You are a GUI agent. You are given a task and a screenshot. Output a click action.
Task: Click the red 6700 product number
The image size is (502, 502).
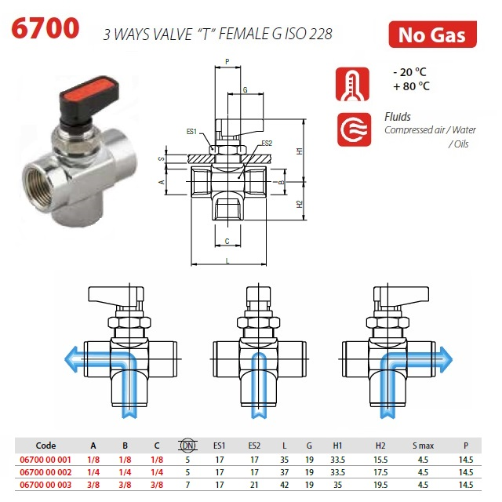(45, 28)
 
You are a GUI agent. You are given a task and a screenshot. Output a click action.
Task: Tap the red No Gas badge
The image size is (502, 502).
(432, 35)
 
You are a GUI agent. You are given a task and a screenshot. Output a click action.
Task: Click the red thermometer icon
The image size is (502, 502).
(352, 84)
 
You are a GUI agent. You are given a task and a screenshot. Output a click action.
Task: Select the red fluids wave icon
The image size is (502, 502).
(354, 129)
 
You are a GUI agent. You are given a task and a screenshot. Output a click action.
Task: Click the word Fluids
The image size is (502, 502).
(398, 117)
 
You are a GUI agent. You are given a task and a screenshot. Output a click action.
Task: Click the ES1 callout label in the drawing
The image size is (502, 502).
(191, 132)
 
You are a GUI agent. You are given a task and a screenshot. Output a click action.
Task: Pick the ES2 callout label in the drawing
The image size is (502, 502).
(267, 143)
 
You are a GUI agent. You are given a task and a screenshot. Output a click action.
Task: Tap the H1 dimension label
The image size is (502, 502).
(300, 151)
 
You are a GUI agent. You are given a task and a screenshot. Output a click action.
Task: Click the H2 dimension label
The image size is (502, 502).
(300, 204)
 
